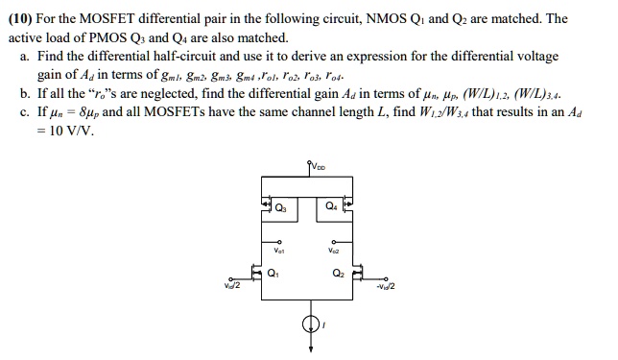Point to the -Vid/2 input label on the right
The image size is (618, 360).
coord(385,286)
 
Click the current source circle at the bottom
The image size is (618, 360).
coord(309,324)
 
